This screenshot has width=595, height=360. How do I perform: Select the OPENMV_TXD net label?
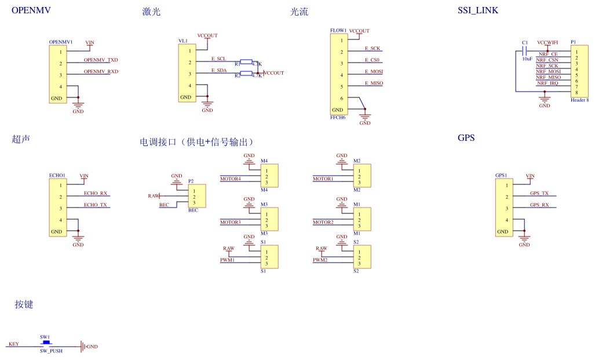(x=101, y=60)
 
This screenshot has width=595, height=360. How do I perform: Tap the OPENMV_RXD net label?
(x=101, y=72)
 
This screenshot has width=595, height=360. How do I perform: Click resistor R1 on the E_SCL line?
(x=246, y=61)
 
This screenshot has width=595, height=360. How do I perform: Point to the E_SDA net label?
(x=218, y=70)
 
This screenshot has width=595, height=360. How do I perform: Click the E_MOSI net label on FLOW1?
(x=374, y=72)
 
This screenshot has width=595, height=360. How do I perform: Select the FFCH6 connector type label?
(x=338, y=118)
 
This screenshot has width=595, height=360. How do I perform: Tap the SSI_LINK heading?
(x=477, y=10)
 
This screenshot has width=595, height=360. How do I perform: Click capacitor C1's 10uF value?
(x=527, y=59)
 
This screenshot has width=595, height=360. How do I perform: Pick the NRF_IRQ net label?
(x=547, y=83)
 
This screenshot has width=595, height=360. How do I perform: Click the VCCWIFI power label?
(x=547, y=43)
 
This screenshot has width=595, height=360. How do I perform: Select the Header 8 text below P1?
(x=579, y=100)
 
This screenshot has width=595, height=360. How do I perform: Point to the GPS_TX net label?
(x=539, y=194)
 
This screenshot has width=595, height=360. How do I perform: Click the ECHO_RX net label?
(x=96, y=194)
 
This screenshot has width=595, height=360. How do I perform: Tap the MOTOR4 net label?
(x=230, y=179)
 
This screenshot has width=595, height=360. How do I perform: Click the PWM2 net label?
(x=321, y=260)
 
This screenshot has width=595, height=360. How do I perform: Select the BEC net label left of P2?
(x=164, y=205)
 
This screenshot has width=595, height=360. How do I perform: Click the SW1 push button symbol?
(x=46, y=343)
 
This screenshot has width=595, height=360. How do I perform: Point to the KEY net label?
(x=13, y=344)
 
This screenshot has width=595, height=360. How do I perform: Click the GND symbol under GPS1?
(x=524, y=239)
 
